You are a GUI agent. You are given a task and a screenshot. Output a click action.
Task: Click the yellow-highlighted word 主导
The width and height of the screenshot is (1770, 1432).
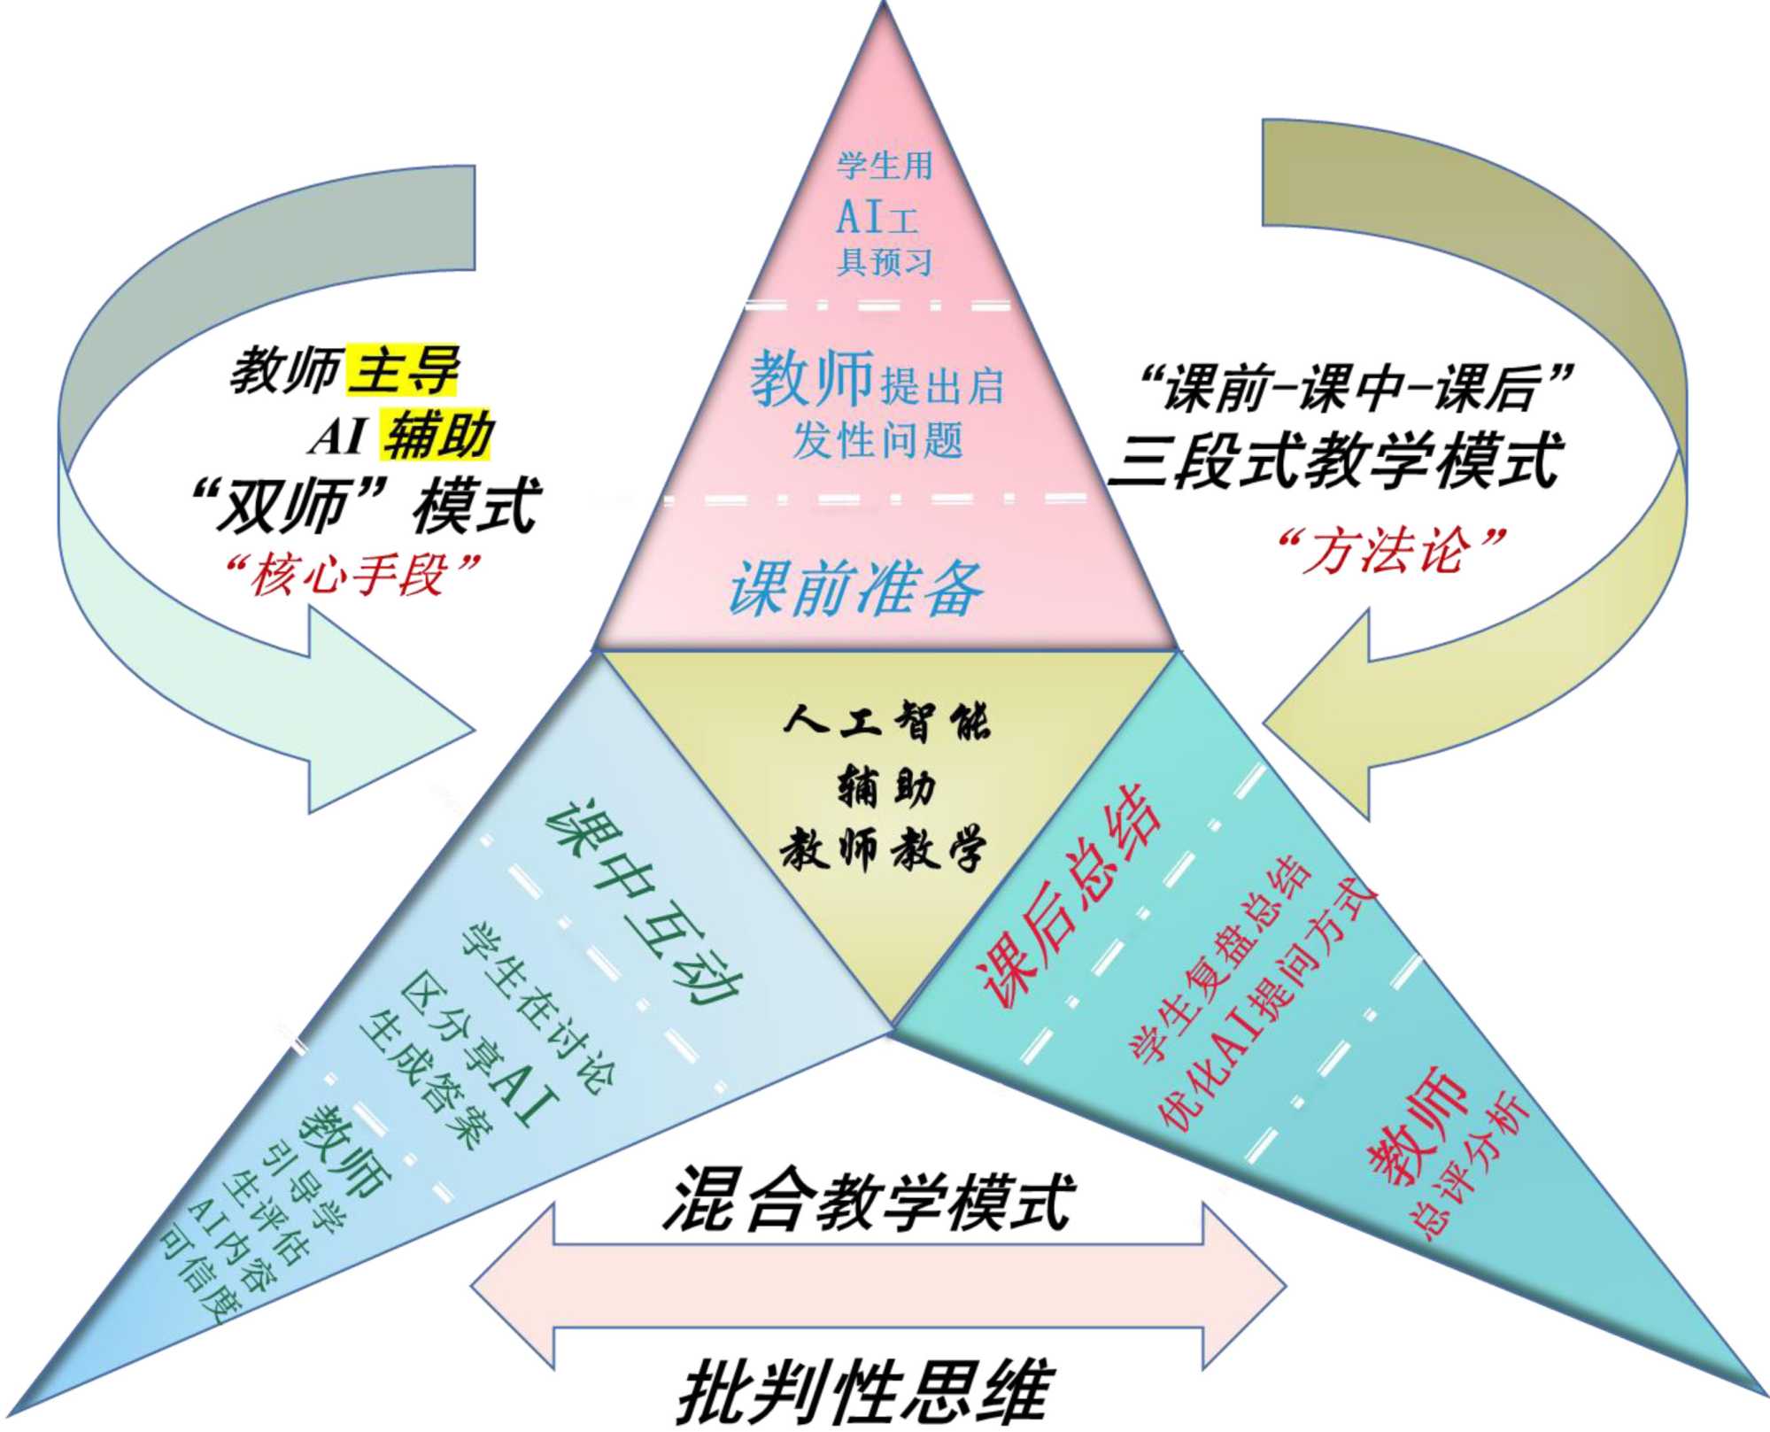[404, 369]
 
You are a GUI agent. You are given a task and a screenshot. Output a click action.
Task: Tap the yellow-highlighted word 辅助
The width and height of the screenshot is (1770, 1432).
[437, 435]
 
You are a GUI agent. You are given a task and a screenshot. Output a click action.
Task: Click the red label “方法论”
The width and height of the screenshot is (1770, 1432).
[1390, 551]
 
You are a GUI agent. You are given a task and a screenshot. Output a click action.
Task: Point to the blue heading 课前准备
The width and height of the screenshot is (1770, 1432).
[855, 588]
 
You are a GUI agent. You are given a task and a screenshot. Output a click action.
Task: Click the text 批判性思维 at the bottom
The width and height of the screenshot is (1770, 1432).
[864, 1391]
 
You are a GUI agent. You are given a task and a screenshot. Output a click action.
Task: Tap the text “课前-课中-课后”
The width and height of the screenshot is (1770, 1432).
[1354, 388]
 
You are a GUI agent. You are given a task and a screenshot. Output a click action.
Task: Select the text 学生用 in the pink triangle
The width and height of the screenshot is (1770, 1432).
[885, 166]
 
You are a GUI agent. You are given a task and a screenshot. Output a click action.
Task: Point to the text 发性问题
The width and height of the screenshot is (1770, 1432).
[877, 440]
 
